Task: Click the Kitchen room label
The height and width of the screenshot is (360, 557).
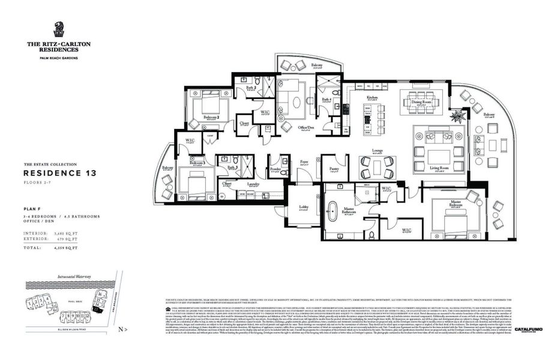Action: pyautogui.click(x=372, y=97)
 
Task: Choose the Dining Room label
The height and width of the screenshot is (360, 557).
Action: pyautogui.click(x=420, y=101)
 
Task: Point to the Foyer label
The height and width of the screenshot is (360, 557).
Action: pyautogui.click(x=305, y=161)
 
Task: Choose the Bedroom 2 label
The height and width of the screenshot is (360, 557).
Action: pyautogui.click(x=211, y=117)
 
